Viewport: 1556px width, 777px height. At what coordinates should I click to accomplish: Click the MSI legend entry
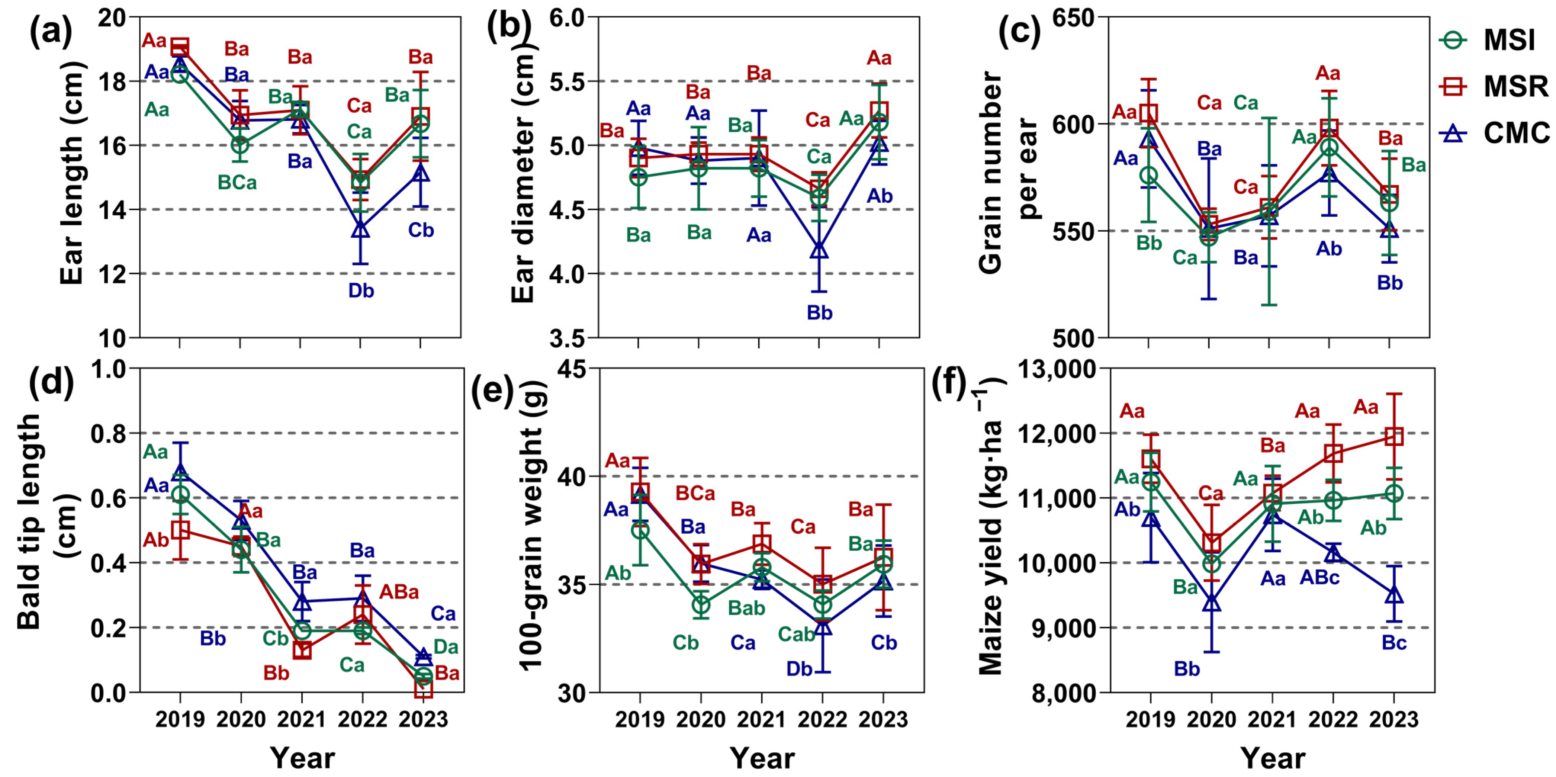pos(1492,41)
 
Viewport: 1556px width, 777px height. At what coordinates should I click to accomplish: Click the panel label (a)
pos(51,31)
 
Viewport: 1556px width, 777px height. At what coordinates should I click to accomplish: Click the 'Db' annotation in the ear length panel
pos(361,290)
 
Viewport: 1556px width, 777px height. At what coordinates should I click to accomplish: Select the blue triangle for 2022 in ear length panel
pos(361,229)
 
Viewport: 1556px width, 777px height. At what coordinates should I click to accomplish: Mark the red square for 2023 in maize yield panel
pos(1393,436)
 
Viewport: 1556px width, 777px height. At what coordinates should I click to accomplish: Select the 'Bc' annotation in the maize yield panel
pos(1394,643)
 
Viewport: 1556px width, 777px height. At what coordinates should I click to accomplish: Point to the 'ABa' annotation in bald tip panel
pos(399,591)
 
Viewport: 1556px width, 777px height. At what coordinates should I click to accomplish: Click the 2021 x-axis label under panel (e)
pos(761,720)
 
